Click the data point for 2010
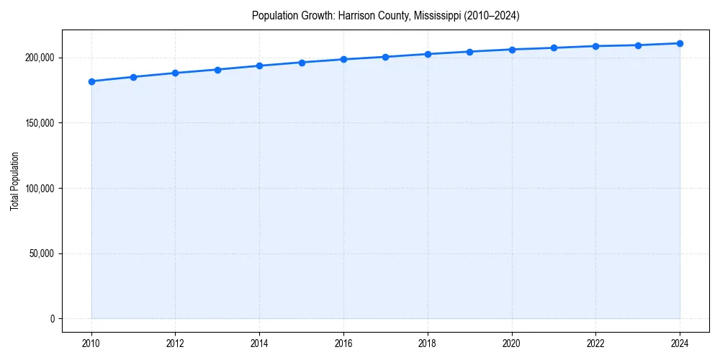(x=91, y=81)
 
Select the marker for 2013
(x=217, y=70)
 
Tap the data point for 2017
(x=386, y=57)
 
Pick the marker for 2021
(x=554, y=48)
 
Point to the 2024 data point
(x=680, y=43)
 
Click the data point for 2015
(x=302, y=63)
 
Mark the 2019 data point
(x=469, y=52)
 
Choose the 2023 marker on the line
(x=638, y=45)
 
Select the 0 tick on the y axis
(x=52, y=319)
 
